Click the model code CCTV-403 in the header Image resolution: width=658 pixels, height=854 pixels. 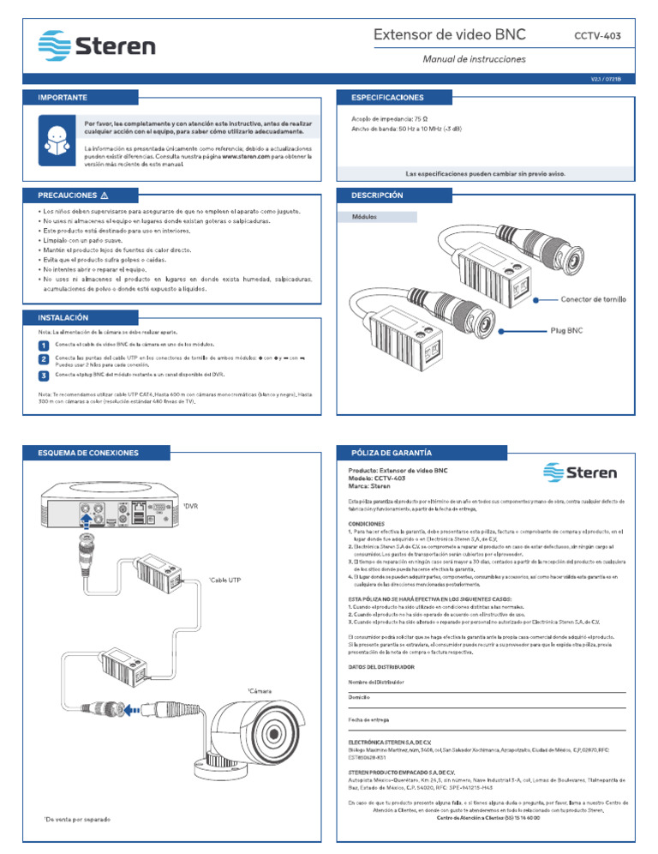[597, 35]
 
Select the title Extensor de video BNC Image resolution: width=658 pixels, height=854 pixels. [450, 35]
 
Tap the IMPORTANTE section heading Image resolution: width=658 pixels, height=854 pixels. [61, 98]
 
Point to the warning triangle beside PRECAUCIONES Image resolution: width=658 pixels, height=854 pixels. [104, 195]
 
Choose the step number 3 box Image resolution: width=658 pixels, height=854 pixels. [44, 376]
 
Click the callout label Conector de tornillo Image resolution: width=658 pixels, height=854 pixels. [592, 300]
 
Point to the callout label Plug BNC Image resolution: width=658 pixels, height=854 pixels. [566, 329]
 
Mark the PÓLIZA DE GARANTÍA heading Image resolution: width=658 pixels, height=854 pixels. [386, 452]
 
